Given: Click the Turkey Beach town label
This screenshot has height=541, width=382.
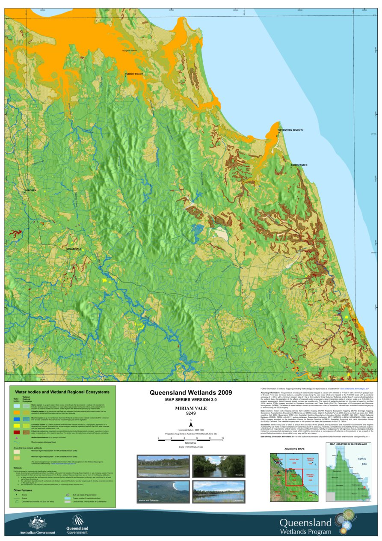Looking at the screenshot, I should [134, 74].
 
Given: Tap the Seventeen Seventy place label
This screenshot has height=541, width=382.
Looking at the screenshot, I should [290, 130].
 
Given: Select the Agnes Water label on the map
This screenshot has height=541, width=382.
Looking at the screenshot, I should [299, 165].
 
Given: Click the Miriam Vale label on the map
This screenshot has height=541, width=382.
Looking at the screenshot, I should [74, 248].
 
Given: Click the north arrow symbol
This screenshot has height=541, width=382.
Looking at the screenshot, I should [191, 424].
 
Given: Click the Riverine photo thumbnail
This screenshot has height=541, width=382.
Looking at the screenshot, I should [218, 467].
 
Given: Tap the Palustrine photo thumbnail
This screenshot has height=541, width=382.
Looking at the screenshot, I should [163, 467].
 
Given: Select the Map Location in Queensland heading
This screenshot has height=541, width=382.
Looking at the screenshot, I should [348, 445].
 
